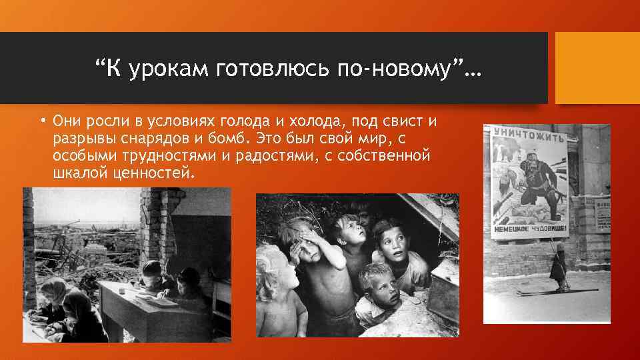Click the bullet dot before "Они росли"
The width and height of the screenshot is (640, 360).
point(41,121)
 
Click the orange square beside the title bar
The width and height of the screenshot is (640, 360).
point(597,68)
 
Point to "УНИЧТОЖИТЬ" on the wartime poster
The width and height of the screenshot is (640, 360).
point(529,137)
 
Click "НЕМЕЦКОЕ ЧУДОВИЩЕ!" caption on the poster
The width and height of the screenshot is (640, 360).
point(531,229)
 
